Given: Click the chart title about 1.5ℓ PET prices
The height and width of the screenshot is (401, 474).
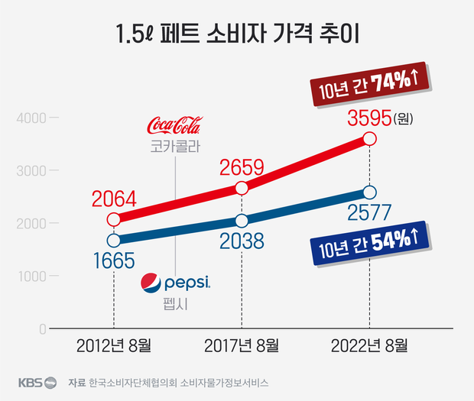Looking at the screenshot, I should pos(237,35).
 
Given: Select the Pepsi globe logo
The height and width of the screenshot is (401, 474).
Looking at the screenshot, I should pos(152,283).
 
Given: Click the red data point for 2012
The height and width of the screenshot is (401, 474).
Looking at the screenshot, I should pos(114,219).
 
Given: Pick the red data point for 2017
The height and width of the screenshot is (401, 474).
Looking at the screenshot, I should pos(242,188).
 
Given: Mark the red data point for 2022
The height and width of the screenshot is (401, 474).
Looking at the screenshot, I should pos(370,138).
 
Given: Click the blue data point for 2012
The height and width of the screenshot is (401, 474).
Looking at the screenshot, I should pos(114,240).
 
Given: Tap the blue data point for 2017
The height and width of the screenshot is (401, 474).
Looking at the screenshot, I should pos(242,221).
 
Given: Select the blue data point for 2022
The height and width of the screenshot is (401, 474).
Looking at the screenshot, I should pos(370,192).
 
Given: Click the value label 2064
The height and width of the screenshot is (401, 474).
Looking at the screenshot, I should pos(113,200).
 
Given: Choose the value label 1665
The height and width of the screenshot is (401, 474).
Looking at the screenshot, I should pos(113,260).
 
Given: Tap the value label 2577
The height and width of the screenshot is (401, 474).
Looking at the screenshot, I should pos(369,212).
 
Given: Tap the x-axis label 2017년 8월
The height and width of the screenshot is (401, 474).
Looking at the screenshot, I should pos(242,344).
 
